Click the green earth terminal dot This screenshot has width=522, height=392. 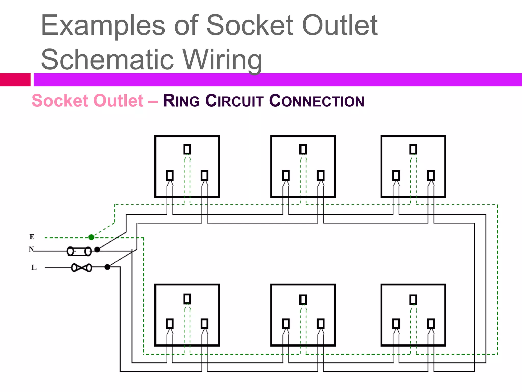pyautogui.click(x=91, y=237)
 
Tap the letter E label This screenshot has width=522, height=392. pyautogui.click(x=32, y=237)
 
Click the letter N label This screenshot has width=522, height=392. pyautogui.click(x=31, y=249)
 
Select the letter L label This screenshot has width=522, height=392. pyautogui.click(x=34, y=267)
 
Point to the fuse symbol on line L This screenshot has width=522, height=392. pyautogui.click(x=82, y=268)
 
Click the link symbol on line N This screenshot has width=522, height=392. pyautogui.click(x=79, y=251)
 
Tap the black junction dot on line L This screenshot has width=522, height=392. pyautogui.click(x=107, y=267)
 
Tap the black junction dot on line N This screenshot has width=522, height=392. pyautogui.click(x=97, y=250)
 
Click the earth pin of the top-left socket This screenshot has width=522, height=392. pyautogui.click(x=187, y=149)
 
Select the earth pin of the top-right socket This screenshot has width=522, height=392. pyautogui.click(x=413, y=149)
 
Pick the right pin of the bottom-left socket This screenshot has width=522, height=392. pyautogui.click(x=204, y=324)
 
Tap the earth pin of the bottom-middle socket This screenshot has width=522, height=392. pyautogui.click(x=303, y=300)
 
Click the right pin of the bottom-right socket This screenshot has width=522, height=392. pyautogui.click(x=431, y=324)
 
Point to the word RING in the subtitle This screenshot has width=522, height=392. pyautogui.click(x=181, y=101)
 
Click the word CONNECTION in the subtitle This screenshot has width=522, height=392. pyautogui.click(x=317, y=101)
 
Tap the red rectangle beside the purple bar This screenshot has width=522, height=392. pyautogui.click(x=15, y=80)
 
